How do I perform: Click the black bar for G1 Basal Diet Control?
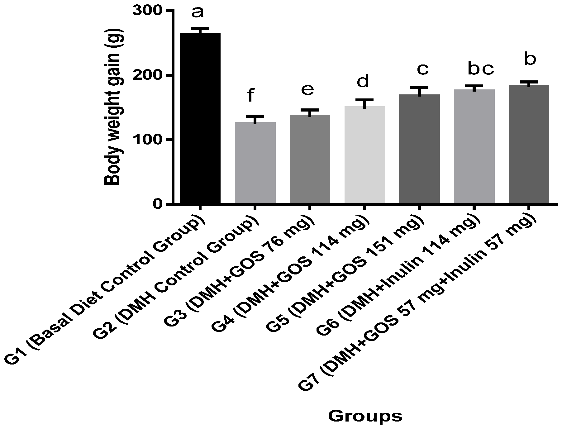(x=200, y=118)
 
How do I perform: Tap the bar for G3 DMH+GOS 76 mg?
(x=310, y=159)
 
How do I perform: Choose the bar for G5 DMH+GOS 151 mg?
(x=419, y=149)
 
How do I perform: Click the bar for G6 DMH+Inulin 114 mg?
(x=474, y=147)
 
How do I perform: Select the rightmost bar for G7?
(x=529, y=145)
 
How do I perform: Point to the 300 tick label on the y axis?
(x=148, y=11)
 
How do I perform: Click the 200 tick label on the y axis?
(x=148, y=75)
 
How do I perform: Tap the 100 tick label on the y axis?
(x=148, y=140)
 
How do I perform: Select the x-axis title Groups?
(x=365, y=416)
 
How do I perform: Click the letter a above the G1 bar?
(x=198, y=12)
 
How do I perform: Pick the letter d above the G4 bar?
(x=363, y=82)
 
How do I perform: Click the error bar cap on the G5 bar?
(x=419, y=87)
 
